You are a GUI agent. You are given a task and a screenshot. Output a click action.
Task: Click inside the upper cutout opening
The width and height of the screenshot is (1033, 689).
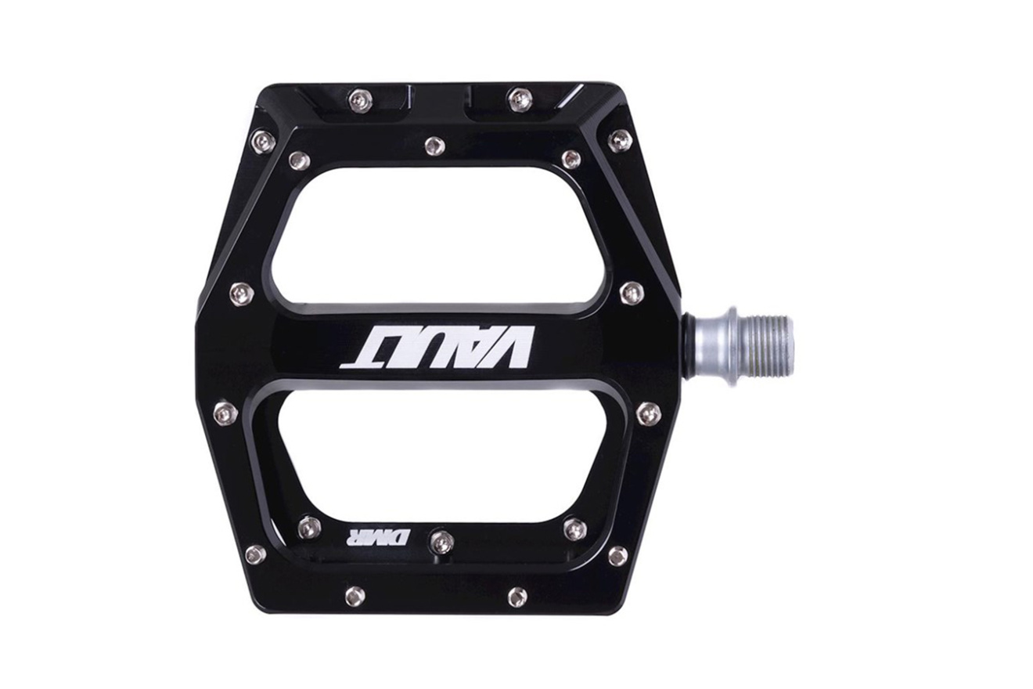tap(438, 236)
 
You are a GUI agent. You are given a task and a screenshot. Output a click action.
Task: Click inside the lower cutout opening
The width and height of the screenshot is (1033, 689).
tap(438, 457)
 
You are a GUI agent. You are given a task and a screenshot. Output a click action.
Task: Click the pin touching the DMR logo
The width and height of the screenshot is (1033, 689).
tap(441, 540)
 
